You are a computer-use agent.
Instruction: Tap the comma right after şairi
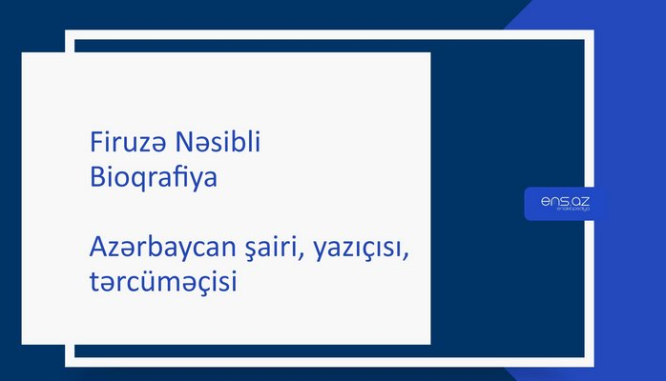pyautogui.click(x=298, y=256)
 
